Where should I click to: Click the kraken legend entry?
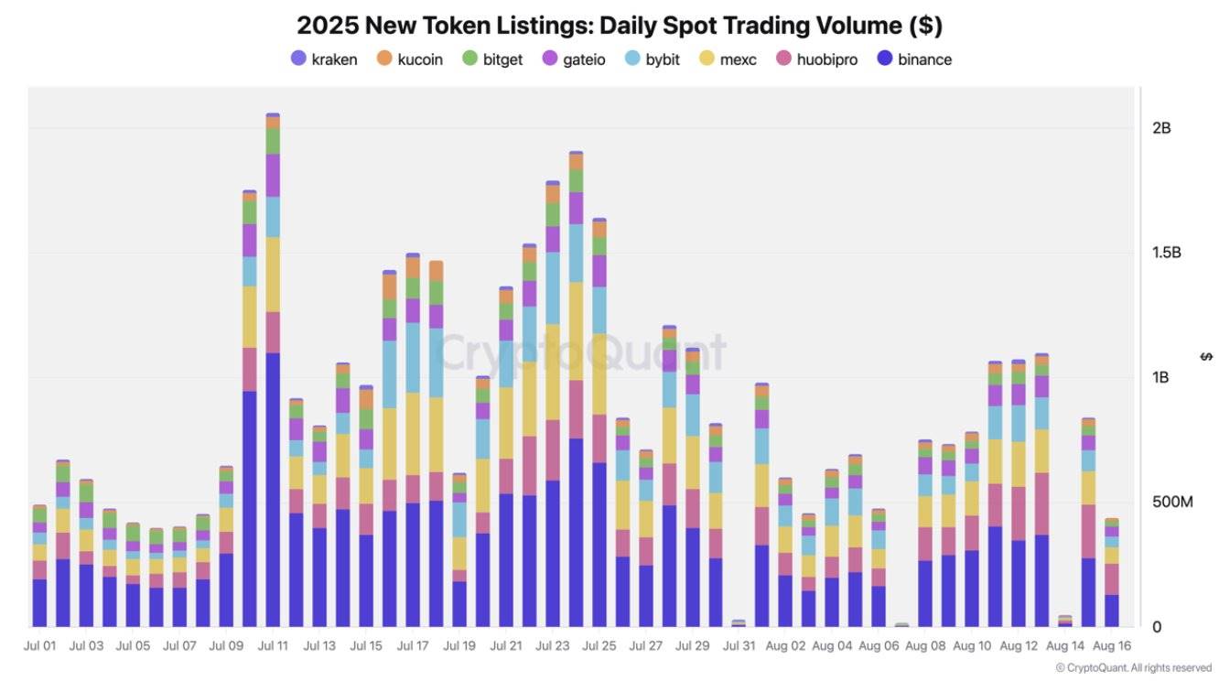point(324,59)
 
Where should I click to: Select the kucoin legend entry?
point(410,59)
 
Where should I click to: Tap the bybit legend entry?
point(653,59)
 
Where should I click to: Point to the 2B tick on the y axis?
point(1161,128)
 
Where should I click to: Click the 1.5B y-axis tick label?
point(1166,253)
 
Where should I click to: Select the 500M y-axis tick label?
point(1172,503)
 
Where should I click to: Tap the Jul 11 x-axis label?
point(273,645)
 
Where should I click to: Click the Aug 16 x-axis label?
point(1112,645)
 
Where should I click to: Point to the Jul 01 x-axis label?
point(39,645)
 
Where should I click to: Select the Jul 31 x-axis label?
point(739,645)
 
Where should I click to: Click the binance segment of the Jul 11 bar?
point(273,490)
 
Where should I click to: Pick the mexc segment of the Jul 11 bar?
point(273,275)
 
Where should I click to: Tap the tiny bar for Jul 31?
point(739,623)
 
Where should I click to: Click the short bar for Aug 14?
point(1065,622)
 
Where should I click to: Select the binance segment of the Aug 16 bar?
point(1112,611)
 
